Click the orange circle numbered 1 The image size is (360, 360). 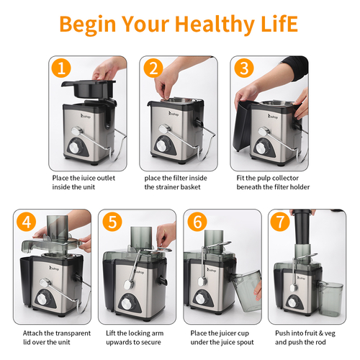coord(61,68)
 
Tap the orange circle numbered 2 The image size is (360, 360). coord(153,68)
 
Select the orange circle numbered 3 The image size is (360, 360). coord(244,68)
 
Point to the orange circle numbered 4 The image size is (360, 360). coord(27,221)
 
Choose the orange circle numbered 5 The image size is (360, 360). coord(112,221)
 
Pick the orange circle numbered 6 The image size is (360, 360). coord(197,221)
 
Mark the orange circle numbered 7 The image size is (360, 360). coord(280,221)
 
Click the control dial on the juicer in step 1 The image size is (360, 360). coord(76,146)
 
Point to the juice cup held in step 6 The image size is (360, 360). coord(248,290)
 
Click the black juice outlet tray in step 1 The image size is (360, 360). coord(89,89)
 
